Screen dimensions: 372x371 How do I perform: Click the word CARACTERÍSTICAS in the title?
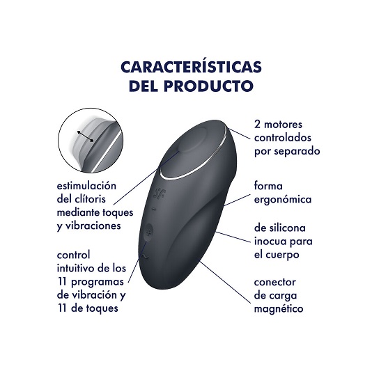pyautogui.click(x=191, y=67)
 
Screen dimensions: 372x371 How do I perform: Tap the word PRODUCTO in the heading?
pyautogui.click(x=209, y=86)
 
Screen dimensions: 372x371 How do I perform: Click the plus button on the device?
pyautogui.click(x=148, y=233)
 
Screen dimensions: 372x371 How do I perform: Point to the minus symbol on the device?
pyautogui.click(x=154, y=209)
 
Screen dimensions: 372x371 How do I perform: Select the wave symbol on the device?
pyautogui.click(x=145, y=256)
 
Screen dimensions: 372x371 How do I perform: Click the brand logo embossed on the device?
pyautogui.click(x=160, y=194)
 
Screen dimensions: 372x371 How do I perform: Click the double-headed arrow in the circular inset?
pyautogui.click(x=85, y=136)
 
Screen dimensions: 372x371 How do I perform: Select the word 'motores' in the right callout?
pyautogui.click(x=283, y=125)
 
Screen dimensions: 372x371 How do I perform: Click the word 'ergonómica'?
pyautogui.click(x=283, y=199)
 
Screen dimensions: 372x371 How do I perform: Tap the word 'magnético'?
pyautogui.click(x=279, y=308)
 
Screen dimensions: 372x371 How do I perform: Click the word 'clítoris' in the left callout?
pyautogui.click(x=90, y=198)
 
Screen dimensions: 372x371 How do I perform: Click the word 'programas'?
pyautogui.click(x=98, y=282)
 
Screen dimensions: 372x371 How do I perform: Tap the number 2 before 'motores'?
pyautogui.click(x=257, y=125)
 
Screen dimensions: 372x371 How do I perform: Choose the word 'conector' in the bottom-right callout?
pyautogui.click(x=274, y=282)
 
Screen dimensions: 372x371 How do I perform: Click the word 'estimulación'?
pyautogui.click(x=86, y=185)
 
